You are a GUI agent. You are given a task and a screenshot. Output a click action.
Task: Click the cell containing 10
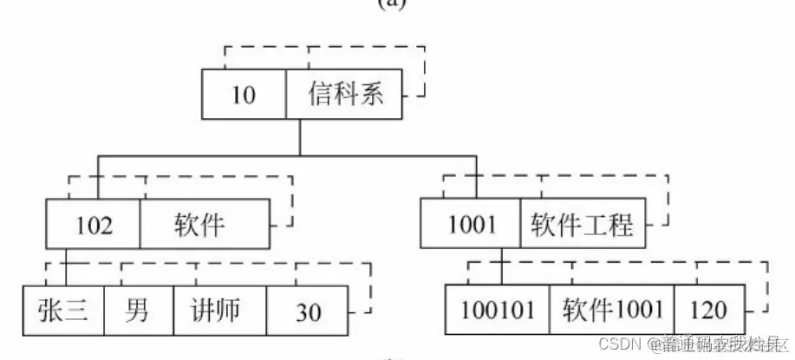(244, 94)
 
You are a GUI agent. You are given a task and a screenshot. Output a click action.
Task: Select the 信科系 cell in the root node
(345, 94)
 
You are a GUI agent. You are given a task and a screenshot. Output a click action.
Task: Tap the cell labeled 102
(94, 226)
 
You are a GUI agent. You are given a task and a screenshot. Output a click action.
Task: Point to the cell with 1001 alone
(472, 226)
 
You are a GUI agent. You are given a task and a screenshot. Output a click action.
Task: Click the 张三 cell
(62, 311)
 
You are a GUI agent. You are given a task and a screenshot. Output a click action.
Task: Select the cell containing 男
(137, 311)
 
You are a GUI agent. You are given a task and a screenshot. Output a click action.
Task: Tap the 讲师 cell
(218, 311)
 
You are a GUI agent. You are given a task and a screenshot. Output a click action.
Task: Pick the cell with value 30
(308, 311)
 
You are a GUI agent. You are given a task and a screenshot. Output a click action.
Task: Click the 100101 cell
(497, 311)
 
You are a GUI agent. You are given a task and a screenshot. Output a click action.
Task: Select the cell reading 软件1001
(611, 311)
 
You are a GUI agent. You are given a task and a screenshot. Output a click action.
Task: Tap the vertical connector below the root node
(298, 137)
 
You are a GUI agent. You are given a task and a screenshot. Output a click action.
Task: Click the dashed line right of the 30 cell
(370, 291)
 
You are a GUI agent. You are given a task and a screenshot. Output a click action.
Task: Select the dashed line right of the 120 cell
(769, 291)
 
